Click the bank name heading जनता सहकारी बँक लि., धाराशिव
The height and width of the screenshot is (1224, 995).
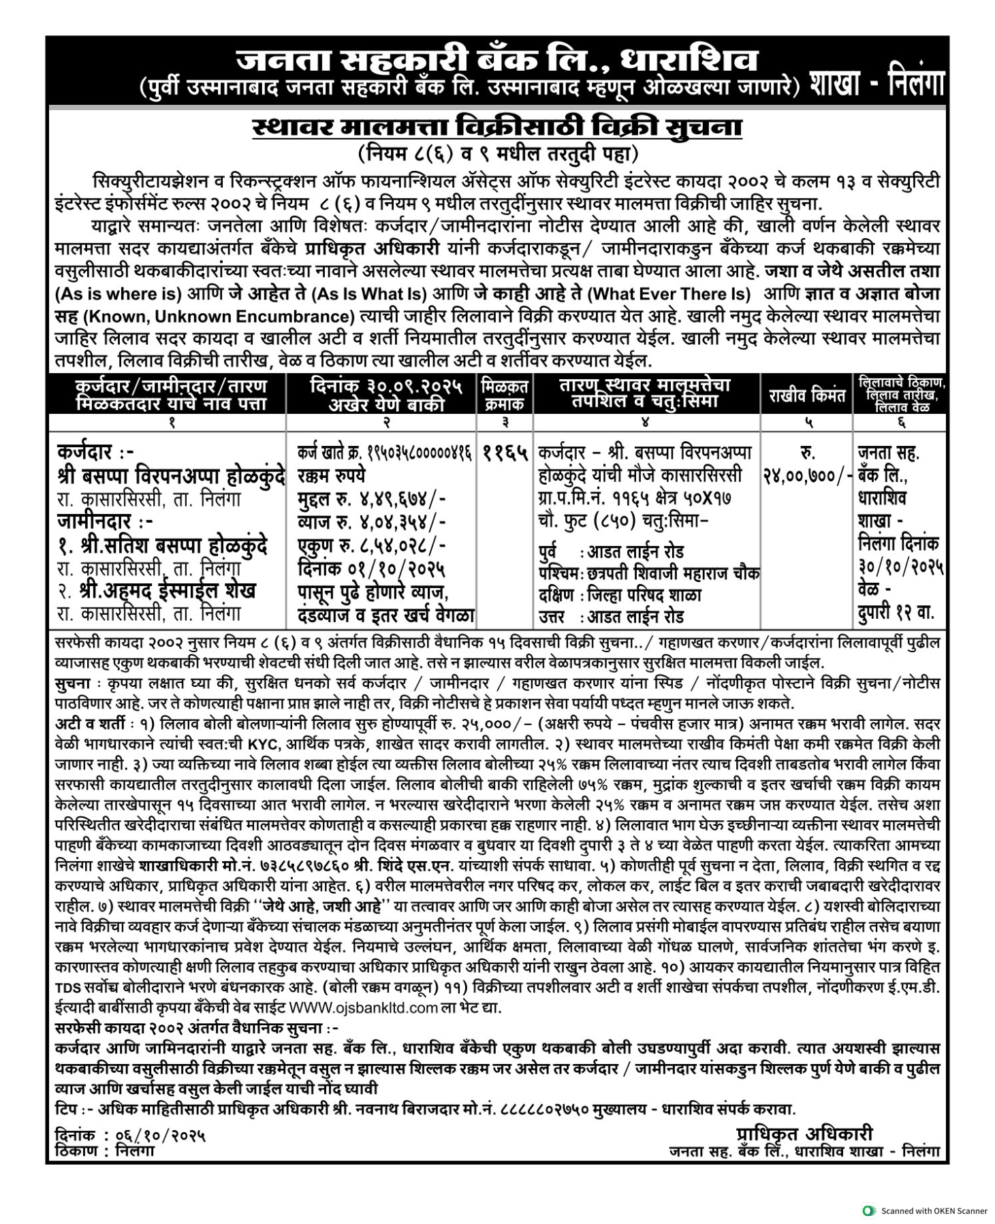tap(496, 60)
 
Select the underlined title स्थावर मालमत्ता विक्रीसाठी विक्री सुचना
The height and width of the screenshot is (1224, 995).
tap(496, 128)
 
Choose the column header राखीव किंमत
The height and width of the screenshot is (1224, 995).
tap(807, 396)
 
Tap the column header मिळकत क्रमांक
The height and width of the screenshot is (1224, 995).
tap(505, 396)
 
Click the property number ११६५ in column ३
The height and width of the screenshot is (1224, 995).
tap(505, 452)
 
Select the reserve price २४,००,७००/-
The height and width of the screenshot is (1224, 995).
tap(807, 476)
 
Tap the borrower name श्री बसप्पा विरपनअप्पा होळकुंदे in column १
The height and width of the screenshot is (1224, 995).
tap(170, 474)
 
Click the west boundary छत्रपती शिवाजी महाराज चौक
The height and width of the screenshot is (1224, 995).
tap(671, 573)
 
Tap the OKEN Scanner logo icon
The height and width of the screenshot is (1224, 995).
tap(868, 1210)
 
